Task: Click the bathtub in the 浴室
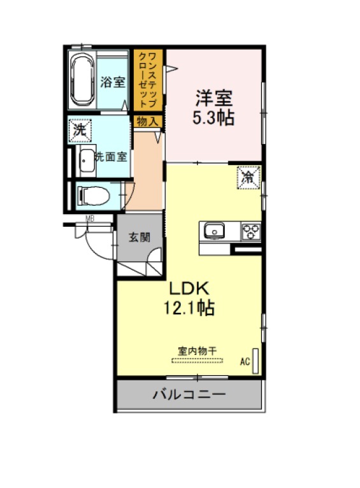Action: coord(82,80)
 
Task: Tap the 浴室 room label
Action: coord(113,82)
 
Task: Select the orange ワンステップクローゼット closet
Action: coord(148,80)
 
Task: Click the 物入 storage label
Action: coord(148,122)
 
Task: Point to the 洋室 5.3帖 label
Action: coord(213,108)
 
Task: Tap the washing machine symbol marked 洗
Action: coord(80,130)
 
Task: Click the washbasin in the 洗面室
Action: coord(87,161)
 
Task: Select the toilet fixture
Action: coord(93,196)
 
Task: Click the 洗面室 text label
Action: coord(111,157)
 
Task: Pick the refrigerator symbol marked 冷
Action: coord(248,177)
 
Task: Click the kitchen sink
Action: coord(214,231)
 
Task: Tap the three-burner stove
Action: coord(251,231)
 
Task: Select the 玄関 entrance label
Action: coord(140,238)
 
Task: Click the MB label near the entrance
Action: coord(90,219)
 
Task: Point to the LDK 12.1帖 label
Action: coord(189,298)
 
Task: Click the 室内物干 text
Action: coord(198,352)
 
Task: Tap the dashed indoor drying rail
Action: coord(198,361)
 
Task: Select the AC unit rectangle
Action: coord(256,361)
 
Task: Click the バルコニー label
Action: coord(189,394)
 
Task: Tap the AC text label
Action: coord(245,361)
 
